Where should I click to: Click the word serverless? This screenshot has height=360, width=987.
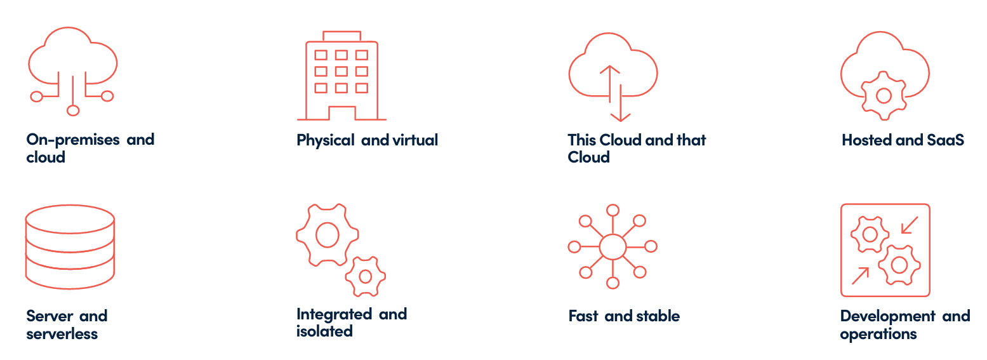coord(62,333)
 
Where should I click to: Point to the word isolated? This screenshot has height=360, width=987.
coord(324,331)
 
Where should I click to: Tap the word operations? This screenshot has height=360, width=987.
coord(878,334)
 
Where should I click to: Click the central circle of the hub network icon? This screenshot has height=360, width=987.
coord(613,246)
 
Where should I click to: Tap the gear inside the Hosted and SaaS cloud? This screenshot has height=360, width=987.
coord(883,96)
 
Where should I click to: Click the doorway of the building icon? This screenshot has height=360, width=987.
coord(341,113)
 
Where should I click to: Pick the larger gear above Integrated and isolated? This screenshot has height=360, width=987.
coord(327,234)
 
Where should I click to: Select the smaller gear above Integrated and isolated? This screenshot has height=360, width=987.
coord(366,276)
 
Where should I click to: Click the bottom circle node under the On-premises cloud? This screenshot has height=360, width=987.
coord(73,110)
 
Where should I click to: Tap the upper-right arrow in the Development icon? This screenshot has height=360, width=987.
coord(910,225)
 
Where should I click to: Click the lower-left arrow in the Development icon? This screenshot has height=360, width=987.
coord(860,276)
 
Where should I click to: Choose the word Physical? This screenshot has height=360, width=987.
coord(325,140)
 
